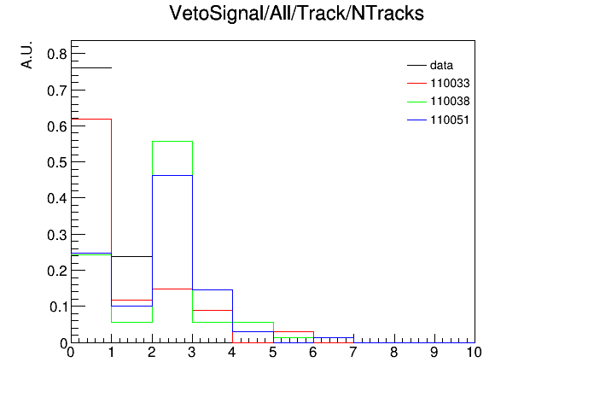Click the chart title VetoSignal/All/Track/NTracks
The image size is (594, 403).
(296, 14)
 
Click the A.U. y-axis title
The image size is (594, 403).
(26, 55)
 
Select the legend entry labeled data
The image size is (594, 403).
(430, 65)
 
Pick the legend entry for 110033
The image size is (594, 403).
(439, 83)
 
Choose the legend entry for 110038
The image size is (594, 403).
(439, 102)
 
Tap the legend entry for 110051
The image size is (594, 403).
(439, 120)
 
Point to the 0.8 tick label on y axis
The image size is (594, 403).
(57, 54)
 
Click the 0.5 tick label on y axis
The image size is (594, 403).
(57, 162)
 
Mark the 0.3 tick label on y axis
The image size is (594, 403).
(57, 235)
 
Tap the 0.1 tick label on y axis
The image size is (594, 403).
(58, 307)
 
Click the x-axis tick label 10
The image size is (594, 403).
(474, 353)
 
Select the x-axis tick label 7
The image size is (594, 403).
(353, 353)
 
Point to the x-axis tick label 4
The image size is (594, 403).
(232, 353)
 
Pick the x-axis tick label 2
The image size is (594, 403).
(152, 353)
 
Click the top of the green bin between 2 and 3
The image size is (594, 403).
(172, 142)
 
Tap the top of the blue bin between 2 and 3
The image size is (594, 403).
(172, 176)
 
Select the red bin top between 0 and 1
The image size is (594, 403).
(91, 119)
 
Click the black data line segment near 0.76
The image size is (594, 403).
(91, 67)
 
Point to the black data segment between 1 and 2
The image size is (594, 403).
(131, 257)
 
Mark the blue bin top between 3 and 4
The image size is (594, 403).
(213, 290)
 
